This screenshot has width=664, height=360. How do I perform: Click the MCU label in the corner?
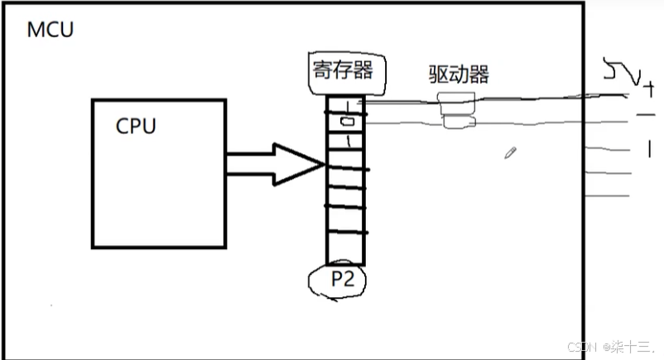(51, 31)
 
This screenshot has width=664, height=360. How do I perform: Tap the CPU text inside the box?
(136, 127)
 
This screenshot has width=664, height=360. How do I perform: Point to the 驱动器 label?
(459, 74)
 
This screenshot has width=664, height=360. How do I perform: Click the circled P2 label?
(342, 280)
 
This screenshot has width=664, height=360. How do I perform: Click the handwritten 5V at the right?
(621, 75)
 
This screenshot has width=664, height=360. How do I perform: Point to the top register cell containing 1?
(344, 106)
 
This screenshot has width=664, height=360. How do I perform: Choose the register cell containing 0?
(344, 123)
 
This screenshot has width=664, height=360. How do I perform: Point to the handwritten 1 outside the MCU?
(649, 149)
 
